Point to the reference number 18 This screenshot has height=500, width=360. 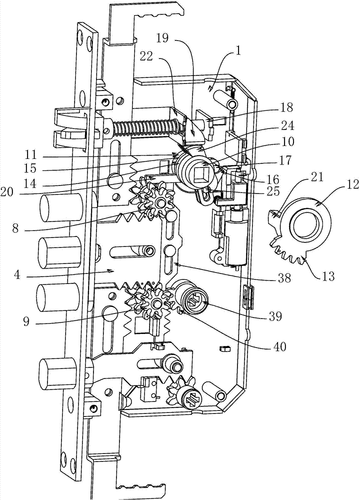point(286,107)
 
